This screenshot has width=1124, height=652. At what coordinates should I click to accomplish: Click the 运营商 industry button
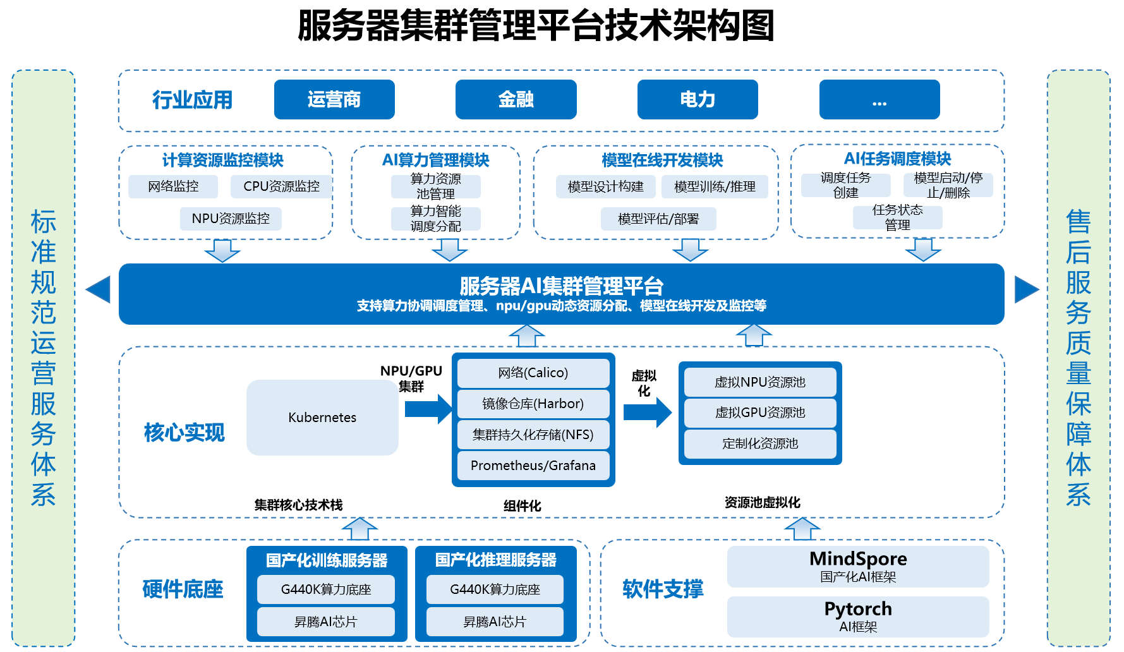(x=334, y=99)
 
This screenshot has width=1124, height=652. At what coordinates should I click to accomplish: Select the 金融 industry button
(x=516, y=99)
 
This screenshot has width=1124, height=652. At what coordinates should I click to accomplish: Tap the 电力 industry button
(x=698, y=99)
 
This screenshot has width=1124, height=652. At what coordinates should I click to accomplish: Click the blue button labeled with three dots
(x=879, y=99)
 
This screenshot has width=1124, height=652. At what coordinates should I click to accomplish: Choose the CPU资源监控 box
(x=281, y=186)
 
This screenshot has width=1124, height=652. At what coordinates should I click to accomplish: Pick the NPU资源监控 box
(x=231, y=219)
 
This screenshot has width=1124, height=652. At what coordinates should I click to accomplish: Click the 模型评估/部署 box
(x=658, y=219)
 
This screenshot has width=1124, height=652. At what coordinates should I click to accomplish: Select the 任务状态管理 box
(x=897, y=217)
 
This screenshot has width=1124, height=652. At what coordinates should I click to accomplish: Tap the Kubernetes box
(x=322, y=417)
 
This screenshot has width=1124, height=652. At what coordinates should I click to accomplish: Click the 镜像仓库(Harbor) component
(x=533, y=404)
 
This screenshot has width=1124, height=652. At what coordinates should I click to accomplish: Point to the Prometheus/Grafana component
(x=533, y=466)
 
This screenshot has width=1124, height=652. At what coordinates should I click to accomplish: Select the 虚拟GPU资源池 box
(x=760, y=413)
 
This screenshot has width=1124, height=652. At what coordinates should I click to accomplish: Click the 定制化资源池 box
(x=760, y=444)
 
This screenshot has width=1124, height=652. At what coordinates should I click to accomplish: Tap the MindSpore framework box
(x=857, y=566)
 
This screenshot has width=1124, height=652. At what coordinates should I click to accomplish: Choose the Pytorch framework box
(x=857, y=616)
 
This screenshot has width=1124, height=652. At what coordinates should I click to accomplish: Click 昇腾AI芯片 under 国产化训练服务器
(x=325, y=622)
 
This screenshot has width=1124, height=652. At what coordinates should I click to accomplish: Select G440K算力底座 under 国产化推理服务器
(x=495, y=589)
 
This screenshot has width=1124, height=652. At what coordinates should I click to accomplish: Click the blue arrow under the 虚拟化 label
(x=648, y=413)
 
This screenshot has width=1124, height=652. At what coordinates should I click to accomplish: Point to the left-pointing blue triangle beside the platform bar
(x=99, y=289)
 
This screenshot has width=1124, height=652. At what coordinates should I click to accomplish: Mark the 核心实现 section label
(x=184, y=433)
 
